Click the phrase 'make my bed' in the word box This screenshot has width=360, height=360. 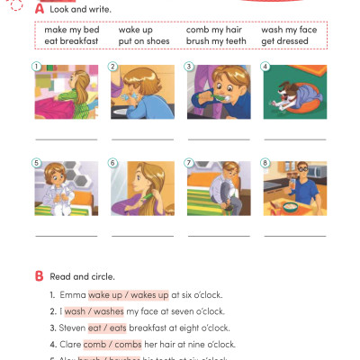pos(71,30)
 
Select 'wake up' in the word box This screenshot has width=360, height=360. pos(135,30)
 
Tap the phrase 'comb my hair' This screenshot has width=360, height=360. pos(212,30)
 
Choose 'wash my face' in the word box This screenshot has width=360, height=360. pos(289,30)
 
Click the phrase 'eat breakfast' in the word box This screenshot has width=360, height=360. pos(73,40)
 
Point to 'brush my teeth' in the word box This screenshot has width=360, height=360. pos(216,40)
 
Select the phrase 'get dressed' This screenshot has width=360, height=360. pos(283,40)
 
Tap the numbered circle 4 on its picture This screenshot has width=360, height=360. pos(265,66)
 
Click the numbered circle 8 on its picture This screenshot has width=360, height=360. pos(265,163)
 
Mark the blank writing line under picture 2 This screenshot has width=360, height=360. pos(141,139)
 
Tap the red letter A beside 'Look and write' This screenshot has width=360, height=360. pos(38,8)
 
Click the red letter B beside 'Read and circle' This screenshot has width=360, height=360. pos(38,275)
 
